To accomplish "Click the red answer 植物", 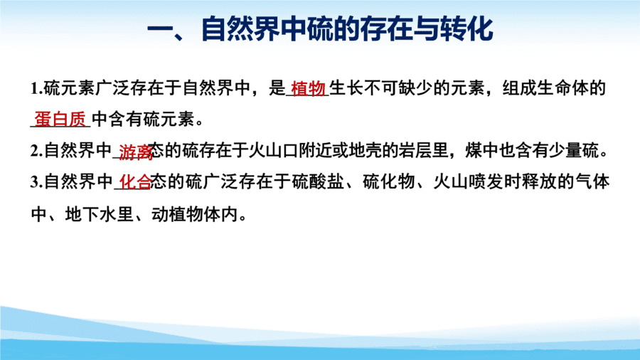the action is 308,88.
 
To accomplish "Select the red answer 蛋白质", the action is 60,120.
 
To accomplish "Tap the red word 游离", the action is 136,152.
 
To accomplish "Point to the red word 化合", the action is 135,182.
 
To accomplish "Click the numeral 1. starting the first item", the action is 37,88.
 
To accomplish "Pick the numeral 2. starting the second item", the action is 37,151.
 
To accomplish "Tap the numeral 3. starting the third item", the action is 37,182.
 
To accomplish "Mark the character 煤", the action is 474,151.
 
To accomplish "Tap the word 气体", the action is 592,182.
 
